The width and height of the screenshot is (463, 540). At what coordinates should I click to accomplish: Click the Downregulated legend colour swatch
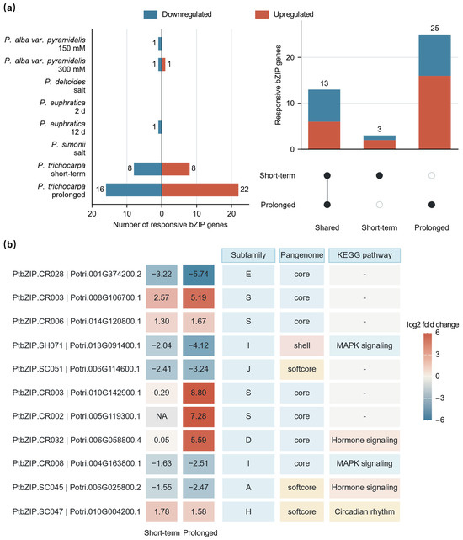tap(151, 14)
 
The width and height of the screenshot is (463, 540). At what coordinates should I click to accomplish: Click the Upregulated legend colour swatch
tap(262, 14)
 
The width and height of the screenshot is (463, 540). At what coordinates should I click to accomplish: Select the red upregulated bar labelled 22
tap(200, 190)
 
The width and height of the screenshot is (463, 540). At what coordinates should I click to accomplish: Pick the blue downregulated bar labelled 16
tap(134, 190)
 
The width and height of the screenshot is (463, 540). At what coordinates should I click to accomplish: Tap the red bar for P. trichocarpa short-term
tap(176, 168)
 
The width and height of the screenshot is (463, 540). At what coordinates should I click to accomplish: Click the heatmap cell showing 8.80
tap(199, 393)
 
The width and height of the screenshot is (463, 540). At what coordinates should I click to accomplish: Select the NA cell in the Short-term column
tap(162, 416)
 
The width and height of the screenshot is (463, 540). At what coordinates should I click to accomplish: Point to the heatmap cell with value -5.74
tap(199, 275)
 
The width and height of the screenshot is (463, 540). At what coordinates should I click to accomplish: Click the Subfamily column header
tap(248, 255)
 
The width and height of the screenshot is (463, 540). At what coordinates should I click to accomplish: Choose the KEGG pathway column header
tap(365, 255)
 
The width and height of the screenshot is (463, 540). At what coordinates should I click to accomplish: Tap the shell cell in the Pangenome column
tap(302, 345)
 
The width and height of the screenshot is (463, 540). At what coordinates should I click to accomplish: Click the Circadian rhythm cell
tap(365, 511)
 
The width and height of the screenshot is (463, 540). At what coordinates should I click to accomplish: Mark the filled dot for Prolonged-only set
tap(432, 205)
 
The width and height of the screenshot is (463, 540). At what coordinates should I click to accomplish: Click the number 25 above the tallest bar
tap(434, 29)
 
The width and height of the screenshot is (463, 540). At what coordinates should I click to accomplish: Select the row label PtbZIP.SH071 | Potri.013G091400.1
tap(77, 345)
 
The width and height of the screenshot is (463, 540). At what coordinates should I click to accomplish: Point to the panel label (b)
tap(9, 244)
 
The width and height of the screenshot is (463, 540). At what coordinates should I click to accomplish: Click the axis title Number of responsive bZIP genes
tap(170, 225)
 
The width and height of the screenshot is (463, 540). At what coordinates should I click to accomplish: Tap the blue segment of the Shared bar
tap(324, 106)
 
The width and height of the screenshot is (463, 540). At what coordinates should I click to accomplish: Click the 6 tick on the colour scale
tap(438, 333)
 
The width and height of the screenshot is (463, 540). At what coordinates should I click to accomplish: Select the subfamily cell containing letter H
tap(248, 511)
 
